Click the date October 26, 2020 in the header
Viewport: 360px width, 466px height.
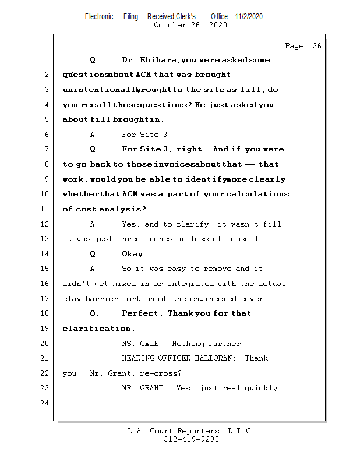pyautogui.click(x=190, y=25)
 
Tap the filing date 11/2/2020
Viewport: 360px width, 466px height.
pyautogui.click(x=249, y=16)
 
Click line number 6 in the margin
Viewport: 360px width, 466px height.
pyautogui.click(x=46, y=135)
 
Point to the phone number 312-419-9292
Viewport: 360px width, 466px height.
pyautogui.click(x=190, y=440)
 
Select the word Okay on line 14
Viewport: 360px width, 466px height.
pyautogui.click(x=135, y=254)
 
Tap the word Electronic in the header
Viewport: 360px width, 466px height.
pyautogui.click(x=99, y=16)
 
